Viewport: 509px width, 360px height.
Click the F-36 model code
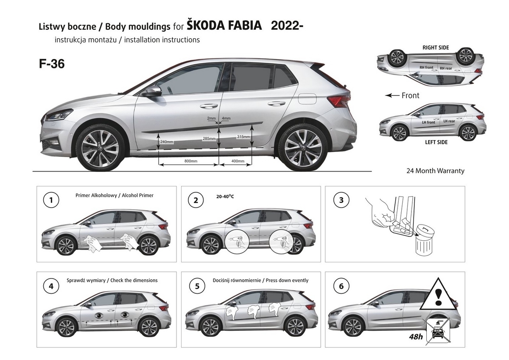pyautogui.click(x=52, y=64)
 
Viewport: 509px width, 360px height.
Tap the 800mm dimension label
pyautogui.click(x=191, y=161)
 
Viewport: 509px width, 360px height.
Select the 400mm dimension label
pyautogui.click(x=238, y=161)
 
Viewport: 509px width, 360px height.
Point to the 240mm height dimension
pyautogui.click(x=167, y=142)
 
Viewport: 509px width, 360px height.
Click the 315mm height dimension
pyautogui.click(x=243, y=137)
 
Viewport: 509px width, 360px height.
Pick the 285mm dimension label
pyautogui.click(x=209, y=138)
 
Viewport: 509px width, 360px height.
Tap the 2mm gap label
pyautogui.click(x=211, y=118)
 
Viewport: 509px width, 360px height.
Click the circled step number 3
pyautogui.click(x=341, y=200)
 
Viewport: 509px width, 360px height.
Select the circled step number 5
pyautogui.click(x=197, y=286)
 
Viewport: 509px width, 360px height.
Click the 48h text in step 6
pyautogui.click(x=416, y=336)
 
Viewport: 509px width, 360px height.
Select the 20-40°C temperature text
pyautogui.click(x=225, y=196)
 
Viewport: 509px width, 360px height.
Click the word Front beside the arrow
pyautogui.click(x=411, y=96)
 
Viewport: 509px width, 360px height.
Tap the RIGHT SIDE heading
pyautogui.click(x=436, y=48)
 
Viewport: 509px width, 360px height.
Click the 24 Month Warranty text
pyautogui.click(x=435, y=171)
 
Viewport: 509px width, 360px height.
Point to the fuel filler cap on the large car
pyautogui.click(x=307, y=98)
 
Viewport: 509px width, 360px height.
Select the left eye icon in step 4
pyautogui.click(x=99, y=315)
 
